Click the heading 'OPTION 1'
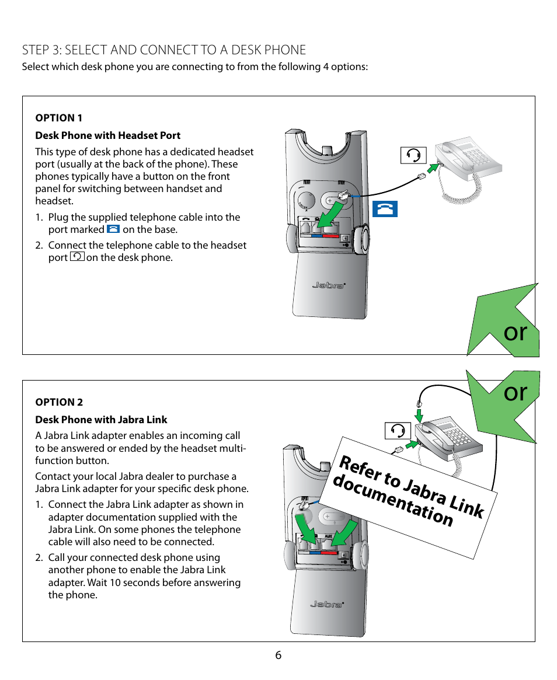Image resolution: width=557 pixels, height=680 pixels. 58,118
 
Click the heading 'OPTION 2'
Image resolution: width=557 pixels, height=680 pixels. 59,402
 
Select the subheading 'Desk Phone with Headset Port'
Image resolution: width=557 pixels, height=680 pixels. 108,135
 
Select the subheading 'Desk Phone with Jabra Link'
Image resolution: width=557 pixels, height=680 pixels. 101,420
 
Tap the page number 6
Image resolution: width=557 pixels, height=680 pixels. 278,655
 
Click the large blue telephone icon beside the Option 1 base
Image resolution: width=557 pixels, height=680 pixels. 384,209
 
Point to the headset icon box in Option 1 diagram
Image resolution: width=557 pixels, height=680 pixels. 413,155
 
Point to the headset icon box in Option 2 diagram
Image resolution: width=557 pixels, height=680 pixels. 398,431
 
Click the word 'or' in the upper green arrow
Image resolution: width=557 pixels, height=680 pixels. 515,332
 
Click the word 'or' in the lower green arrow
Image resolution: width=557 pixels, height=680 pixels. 515,392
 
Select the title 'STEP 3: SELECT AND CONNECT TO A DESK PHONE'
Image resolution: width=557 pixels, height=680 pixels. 163,50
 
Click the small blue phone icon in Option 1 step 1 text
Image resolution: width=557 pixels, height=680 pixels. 113,229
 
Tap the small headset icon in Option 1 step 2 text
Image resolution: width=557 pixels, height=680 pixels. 76,257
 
